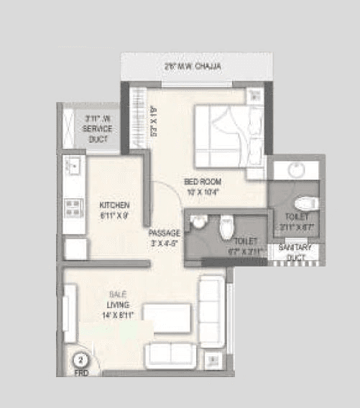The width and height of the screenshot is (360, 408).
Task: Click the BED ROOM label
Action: click(200, 182)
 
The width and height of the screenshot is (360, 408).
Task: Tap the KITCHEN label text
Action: click(114, 205)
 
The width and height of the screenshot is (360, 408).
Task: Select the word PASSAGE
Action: click(163, 233)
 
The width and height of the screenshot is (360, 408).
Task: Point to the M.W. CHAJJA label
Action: click(192, 66)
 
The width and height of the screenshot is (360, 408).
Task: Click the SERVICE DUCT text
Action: click(97, 134)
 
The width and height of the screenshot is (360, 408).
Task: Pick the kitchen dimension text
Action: click(114, 214)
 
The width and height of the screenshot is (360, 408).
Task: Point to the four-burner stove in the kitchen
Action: click(73, 209)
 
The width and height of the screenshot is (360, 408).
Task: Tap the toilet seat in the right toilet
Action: click(304, 203)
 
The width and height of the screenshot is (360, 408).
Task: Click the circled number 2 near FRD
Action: click(82, 359)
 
